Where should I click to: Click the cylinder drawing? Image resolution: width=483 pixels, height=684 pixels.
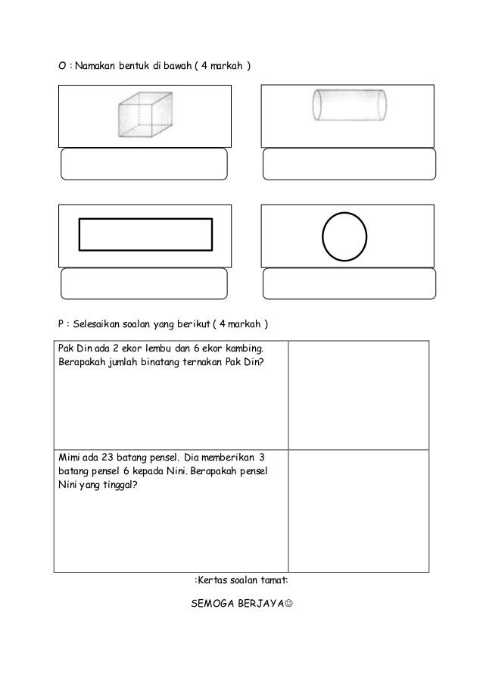(348, 106)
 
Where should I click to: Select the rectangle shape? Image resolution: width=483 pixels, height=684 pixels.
(146, 233)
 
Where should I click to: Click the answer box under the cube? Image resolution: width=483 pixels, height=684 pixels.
(144, 164)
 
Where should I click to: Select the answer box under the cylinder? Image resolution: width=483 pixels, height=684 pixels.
(349, 164)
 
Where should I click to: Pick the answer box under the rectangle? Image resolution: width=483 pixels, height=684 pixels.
(144, 283)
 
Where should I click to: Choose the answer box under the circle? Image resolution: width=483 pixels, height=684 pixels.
(349, 283)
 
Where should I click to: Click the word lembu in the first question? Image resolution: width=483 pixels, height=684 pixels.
(160, 348)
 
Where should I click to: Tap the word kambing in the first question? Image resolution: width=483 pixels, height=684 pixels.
(241, 348)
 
